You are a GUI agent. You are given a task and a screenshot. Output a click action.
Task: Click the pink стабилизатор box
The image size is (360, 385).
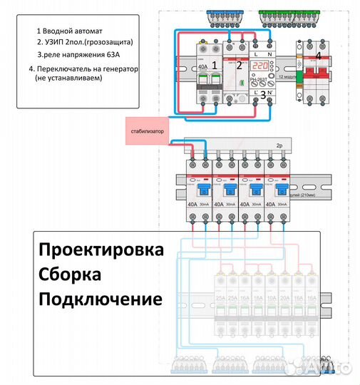(x=149, y=131)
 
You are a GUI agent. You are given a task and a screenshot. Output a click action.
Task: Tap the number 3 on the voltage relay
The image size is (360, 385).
(x=263, y=93)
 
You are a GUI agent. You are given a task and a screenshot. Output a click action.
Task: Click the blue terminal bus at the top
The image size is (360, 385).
(x=224, y=14)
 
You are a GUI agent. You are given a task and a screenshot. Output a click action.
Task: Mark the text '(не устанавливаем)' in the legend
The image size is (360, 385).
(x=68, y=78)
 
